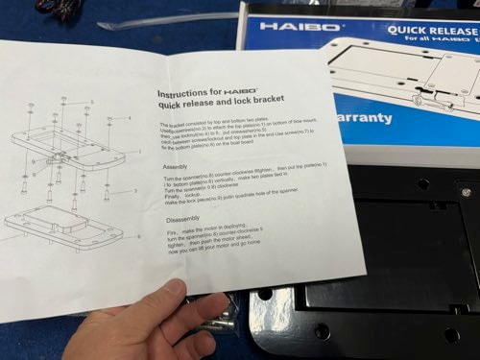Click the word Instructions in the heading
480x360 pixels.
pos(181,94)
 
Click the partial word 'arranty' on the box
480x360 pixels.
pos(364,118)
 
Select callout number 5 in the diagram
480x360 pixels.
pos(92,102)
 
